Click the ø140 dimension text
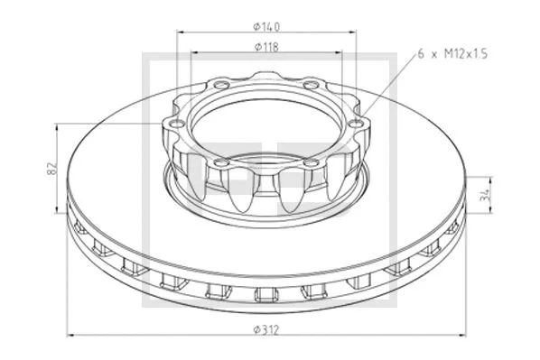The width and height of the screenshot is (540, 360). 266,25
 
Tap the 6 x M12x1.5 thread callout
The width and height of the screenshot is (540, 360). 453,54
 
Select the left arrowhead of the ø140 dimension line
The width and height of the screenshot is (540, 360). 180,32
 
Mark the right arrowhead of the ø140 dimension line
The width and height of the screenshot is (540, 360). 354,32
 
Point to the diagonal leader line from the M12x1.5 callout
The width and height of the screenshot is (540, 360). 388,90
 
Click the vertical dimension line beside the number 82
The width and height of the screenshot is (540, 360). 62,168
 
